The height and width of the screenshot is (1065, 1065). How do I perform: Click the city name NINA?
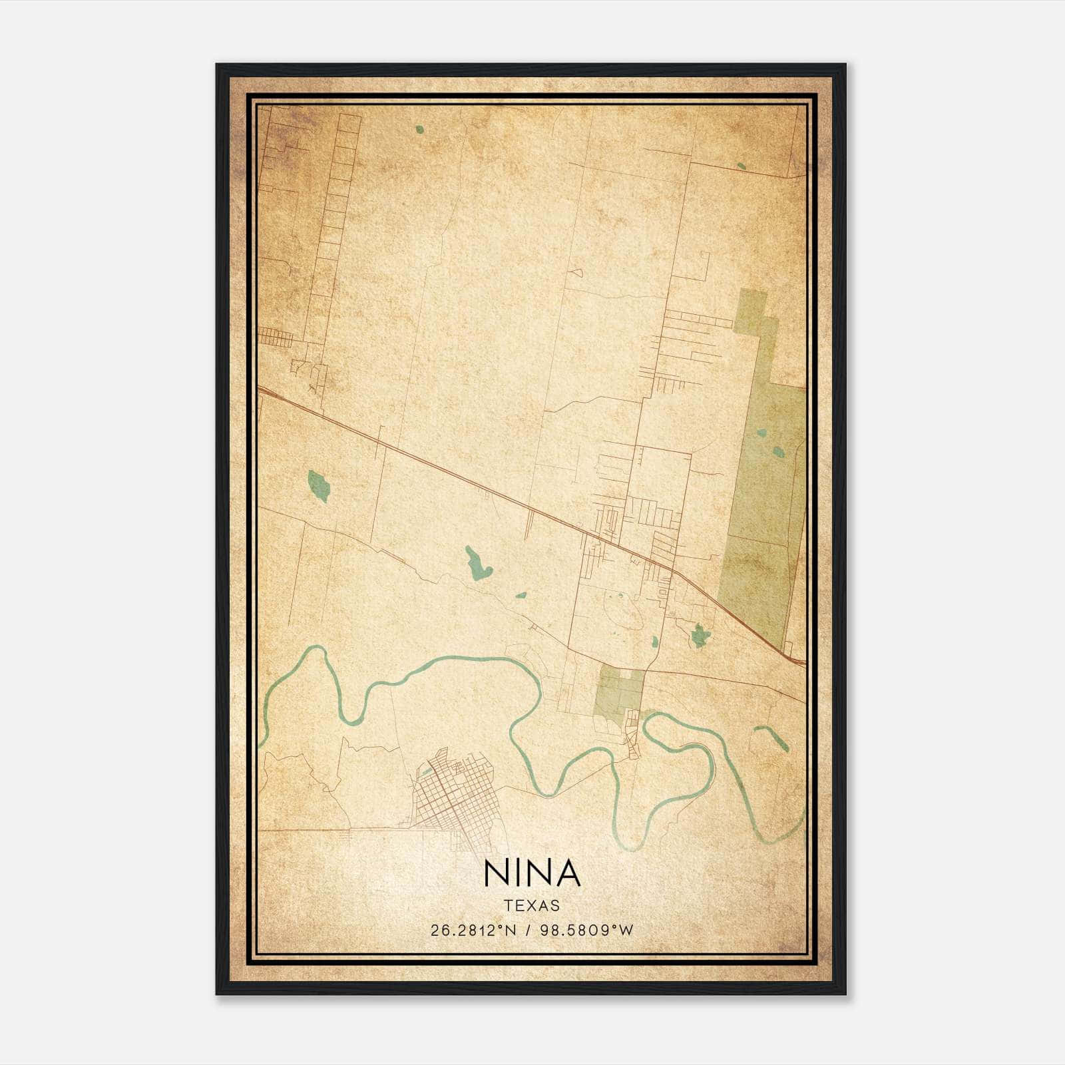[532, 873]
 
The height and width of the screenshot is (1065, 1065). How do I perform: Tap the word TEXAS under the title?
[532, 905]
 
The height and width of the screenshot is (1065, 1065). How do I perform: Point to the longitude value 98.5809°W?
[586, 931]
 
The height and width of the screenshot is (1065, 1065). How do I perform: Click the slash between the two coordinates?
[529, 931]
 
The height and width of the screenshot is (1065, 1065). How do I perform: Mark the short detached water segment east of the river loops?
[772, 738]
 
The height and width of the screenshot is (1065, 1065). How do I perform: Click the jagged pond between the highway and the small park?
[698, 636]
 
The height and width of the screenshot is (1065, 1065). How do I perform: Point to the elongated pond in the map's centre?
[477, 564]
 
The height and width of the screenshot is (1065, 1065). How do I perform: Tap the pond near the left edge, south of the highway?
[319, 485]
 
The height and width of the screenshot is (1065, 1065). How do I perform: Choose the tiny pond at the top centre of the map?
[419, 129]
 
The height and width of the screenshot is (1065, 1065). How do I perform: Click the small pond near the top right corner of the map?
[742, 166]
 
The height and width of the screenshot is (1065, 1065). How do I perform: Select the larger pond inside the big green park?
[778, 453]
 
